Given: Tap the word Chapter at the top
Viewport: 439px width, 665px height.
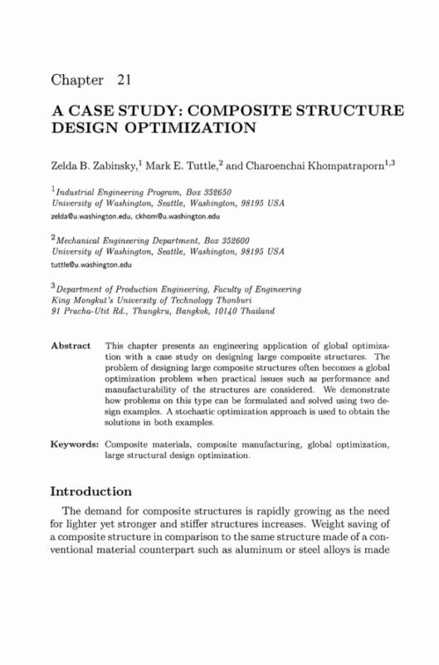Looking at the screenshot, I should pos(77,81).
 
